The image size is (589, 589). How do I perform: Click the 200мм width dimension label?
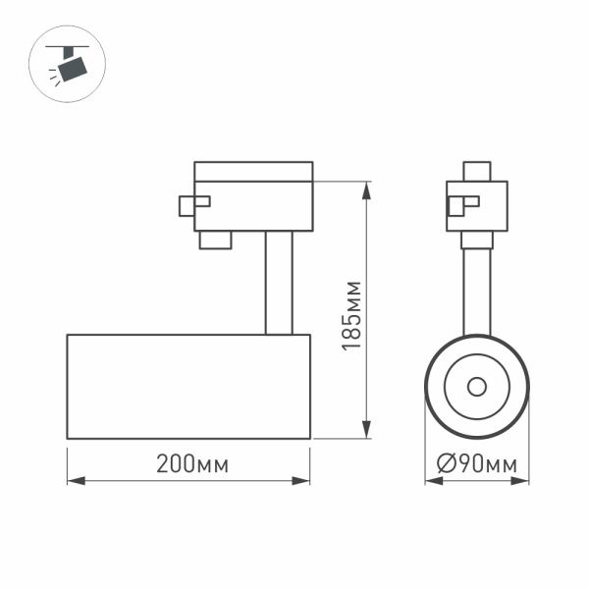coord(191,465)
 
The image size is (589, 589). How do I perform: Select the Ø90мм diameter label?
coord(476,465)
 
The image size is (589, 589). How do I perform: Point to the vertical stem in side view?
coord(278,282)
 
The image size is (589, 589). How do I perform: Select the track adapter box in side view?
coord(253,205)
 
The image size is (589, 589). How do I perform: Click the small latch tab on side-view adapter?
coord(192,204)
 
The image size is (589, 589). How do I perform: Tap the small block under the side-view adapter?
coord(216,240)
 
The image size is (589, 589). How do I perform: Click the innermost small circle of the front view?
coord(477,386)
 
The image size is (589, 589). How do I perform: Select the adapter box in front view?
coord(477,206)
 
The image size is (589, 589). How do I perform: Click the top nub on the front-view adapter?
coord(477,172)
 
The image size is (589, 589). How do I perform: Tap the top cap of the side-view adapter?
coord(253,171)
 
